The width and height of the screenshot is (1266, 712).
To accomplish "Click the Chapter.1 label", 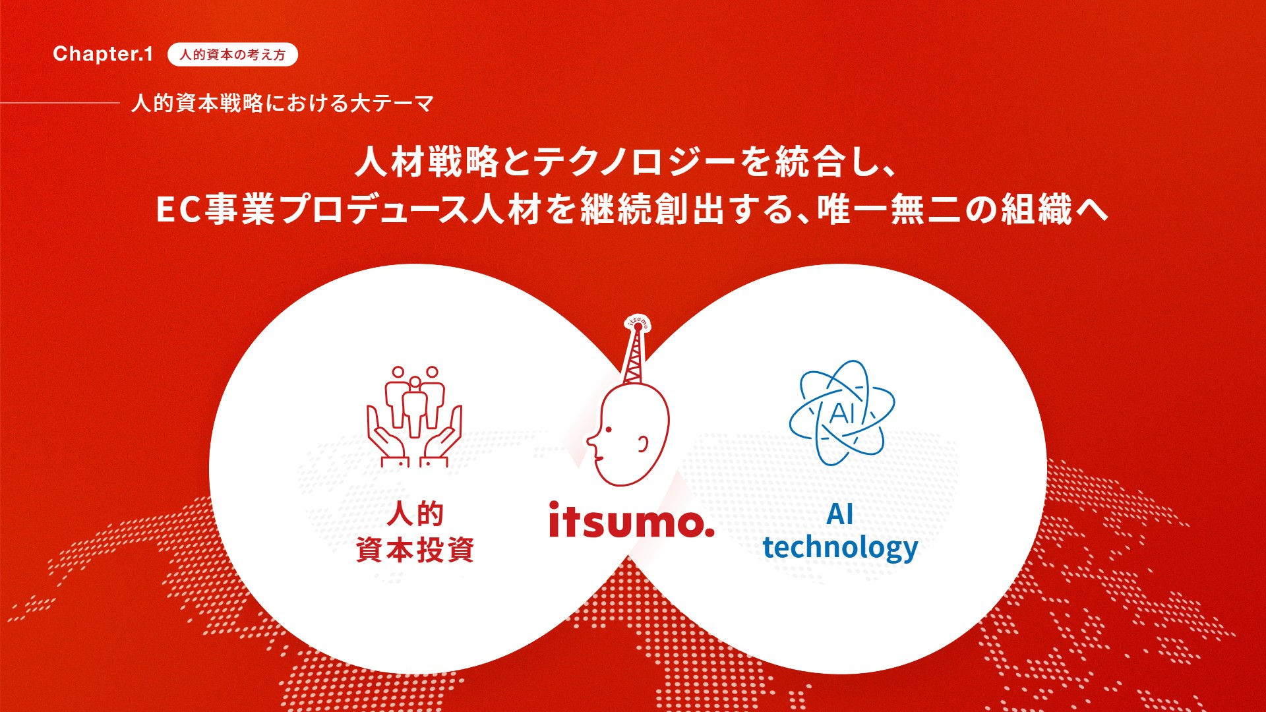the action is click(x=103, y=54).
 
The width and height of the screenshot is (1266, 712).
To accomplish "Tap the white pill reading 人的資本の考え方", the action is click(x=233, y=55).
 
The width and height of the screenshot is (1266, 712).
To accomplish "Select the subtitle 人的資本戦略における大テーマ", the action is click(x=283, y=104).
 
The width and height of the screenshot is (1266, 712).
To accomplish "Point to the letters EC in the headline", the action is click(x=178, y=210).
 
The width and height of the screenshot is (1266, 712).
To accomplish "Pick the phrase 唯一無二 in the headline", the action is click(x=890, y=210).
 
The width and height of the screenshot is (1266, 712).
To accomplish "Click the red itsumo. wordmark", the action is click(x=632, y=520).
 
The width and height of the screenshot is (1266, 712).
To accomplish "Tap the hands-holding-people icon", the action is click(x=414, y=416).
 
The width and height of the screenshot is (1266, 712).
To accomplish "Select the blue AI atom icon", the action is click(x=842, y=412).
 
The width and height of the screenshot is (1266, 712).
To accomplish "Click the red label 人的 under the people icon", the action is click(x=415, y=514).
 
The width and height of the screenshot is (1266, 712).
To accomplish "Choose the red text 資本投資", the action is click(x=415, y=549).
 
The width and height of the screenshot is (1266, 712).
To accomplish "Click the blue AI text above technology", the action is click(x=840, y=514).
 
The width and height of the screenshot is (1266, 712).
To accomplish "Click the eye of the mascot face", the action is click(x=608, y=430).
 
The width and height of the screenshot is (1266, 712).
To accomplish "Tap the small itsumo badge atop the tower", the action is click(x=638, y=321).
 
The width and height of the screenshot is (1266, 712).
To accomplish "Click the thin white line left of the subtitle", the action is click(x=59, y=103).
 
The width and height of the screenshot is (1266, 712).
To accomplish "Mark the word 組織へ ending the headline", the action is click(x=1055, y=210).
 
